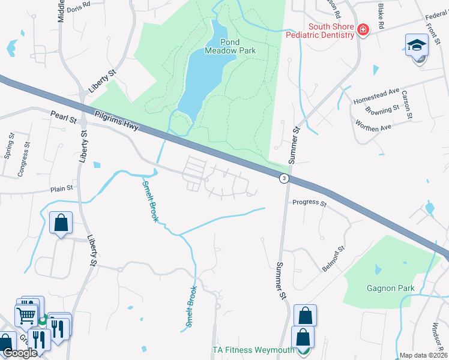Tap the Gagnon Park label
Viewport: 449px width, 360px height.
391,288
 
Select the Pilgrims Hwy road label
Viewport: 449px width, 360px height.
117,123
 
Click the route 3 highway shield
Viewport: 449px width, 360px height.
283,178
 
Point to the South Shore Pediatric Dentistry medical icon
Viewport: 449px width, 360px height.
363,30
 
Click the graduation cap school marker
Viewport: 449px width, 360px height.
417,46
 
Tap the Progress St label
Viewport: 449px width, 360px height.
309,203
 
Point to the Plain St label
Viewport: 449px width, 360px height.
61,188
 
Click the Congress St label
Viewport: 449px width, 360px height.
23,160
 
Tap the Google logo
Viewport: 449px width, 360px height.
20,353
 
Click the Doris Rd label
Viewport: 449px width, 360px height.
78,8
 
